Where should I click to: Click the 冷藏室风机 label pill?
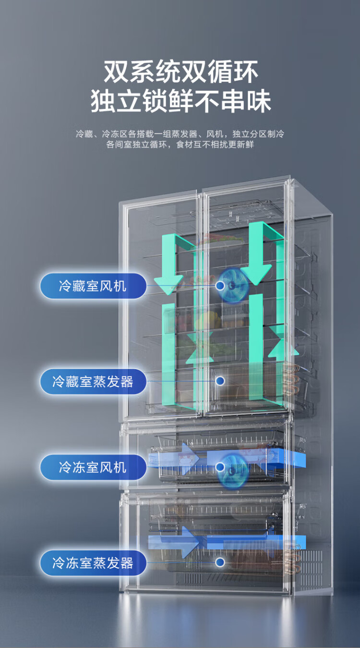[93, 286]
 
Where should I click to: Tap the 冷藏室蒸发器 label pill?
[93, 382]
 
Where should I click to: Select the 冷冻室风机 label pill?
[93, 467]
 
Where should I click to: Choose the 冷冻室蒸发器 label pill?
[93, 563]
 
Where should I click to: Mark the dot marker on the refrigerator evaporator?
[220, 381]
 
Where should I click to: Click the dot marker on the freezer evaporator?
[220, 562]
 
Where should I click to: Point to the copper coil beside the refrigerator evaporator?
[290, 380]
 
